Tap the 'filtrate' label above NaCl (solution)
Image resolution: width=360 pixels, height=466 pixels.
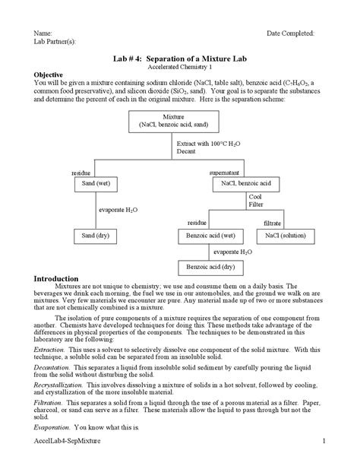click(272, 223)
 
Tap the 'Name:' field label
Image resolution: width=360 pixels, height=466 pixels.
click(43, 34)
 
